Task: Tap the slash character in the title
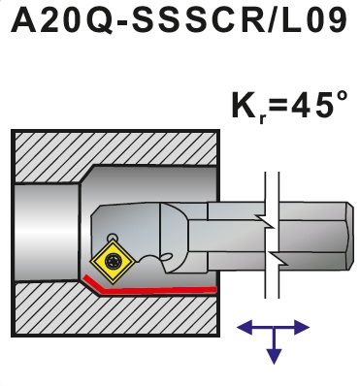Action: coord(274,20)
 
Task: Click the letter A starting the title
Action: coord(23,20)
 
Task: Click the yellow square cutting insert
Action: coord(113,260)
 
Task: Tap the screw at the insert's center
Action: coord(114,260)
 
